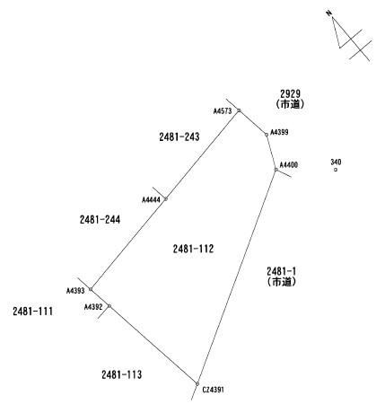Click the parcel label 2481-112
(x=193, y=249)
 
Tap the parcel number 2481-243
(x=179, y=136)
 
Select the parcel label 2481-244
(x=100, y=220)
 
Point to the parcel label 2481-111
(x=32, y=312)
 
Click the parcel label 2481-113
(x=122, y=374)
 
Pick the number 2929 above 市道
(x=290, y=94)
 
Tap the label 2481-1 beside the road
(x=281, y=271)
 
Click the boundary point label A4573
(x=223, y=111)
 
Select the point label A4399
(x=279, y=132)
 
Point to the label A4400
(x=289, y=165)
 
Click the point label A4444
(x=151, y=199)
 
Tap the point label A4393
(x=75, y=291)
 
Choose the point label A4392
(x=93, y=307)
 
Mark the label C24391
(x=213, y=390)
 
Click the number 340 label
(x=336, y=163)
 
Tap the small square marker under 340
(x=336, y=170)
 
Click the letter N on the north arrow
(x=328, y=13)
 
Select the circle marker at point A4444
(x=166, y=199)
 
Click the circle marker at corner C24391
(x=197, y=383)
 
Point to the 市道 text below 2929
(x=290, y=104)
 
